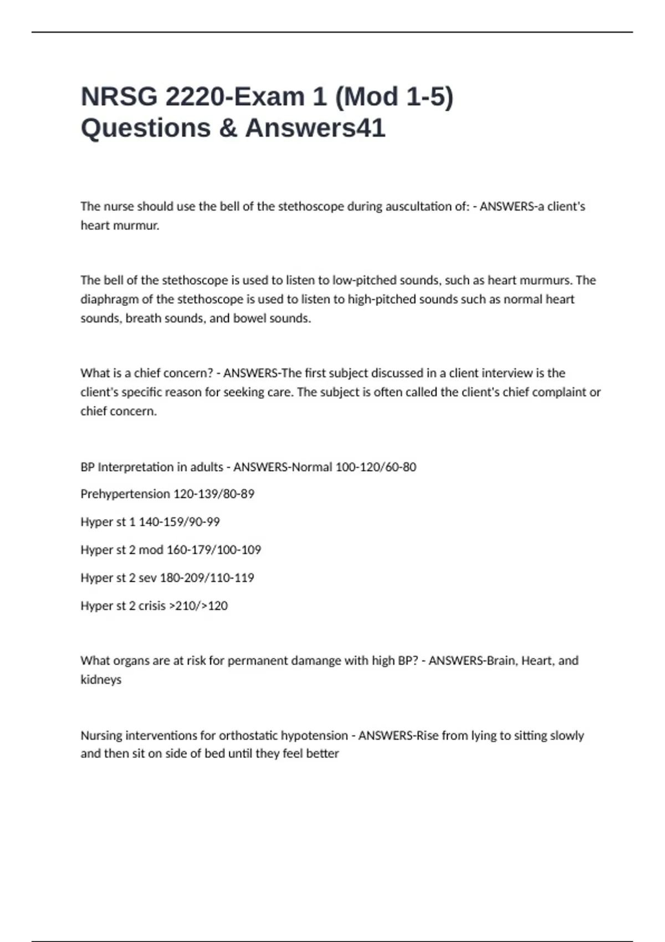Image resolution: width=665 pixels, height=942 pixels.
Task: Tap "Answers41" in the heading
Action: (315, 128)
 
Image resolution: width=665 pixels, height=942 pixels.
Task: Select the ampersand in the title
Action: (227, 128)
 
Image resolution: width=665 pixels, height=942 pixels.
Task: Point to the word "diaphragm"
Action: (109, 299)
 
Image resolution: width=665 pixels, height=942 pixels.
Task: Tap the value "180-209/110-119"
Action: (207, 578)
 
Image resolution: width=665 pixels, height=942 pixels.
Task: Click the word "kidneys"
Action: (101, 679)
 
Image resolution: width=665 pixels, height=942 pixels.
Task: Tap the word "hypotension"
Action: (314, 735)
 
